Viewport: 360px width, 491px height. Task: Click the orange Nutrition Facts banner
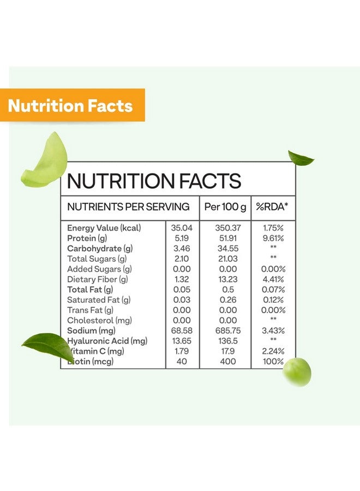click(x=71, y=105)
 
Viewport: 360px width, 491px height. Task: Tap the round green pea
click(x=297, y=372)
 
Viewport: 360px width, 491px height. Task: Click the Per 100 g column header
click(x=225, y=207)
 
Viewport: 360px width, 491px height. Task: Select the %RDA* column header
click(x=273, y=207)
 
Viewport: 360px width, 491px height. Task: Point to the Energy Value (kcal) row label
click(x=104, y=228)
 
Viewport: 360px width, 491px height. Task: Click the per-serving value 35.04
click(x=182, y=228)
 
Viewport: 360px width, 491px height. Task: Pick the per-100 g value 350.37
click(x=225, y=228)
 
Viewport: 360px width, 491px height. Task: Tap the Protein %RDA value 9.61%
click(x=273, y=238)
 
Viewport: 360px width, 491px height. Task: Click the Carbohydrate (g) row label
click(x=100, y=249)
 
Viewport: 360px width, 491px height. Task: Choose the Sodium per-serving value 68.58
click(x=182, y=331)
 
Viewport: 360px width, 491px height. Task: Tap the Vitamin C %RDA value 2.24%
click(x=273, y=351)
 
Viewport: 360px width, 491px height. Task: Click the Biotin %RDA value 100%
click(x=273, y=362)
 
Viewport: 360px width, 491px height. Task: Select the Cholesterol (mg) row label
click(x=99, y=320)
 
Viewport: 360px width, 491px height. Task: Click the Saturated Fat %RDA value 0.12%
click(x=273, y=300)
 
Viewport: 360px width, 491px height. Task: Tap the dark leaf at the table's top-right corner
click(x=301, y=158)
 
